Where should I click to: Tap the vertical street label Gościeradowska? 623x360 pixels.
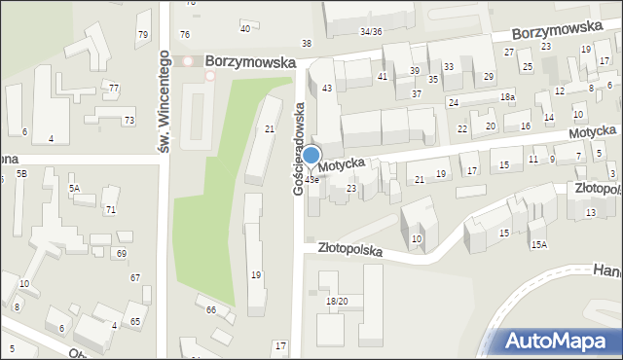(300, 148)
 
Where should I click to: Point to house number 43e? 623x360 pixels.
(311, 179)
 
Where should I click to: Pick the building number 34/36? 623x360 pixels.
(370, 32)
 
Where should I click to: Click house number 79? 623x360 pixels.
(143, 35)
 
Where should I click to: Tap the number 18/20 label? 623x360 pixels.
(337, 302)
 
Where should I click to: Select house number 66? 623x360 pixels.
(210, 309)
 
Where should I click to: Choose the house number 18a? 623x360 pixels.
(507, 97)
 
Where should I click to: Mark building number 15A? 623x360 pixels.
(538, 245)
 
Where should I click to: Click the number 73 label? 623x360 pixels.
(128, 121)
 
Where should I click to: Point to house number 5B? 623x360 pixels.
(21, 172)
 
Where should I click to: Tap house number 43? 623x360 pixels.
(327, 89)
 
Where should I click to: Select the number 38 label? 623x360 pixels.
(307, 44)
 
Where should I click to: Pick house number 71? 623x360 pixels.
(110, 210)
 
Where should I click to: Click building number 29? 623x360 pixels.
(489, 76)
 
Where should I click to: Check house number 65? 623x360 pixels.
(135, 321)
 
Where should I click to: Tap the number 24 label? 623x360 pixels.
(454, 102)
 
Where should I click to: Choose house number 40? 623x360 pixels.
(244, 28)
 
